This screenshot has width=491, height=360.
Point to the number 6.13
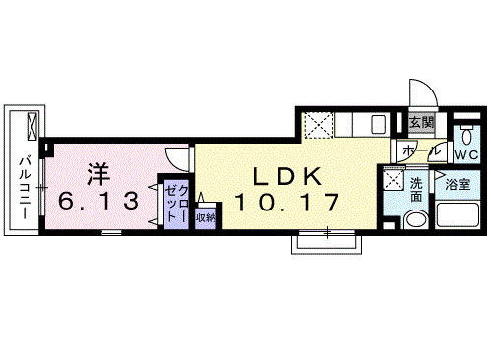pyautogui.click(x=97, y=201)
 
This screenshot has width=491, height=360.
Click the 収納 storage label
pyautogui.click(x=205, y=217)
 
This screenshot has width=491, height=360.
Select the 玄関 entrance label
pyautogui.click(x=421, y=122)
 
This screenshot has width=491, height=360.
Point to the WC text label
pyautogui.click(x=465, y=155)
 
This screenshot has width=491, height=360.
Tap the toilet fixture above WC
pyautogui.click(x=465, y=132)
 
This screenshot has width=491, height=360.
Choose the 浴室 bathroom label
pyautogui.click(x=456, y=184)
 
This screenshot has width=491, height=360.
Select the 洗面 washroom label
pyautogui.click(x=417, y=189)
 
